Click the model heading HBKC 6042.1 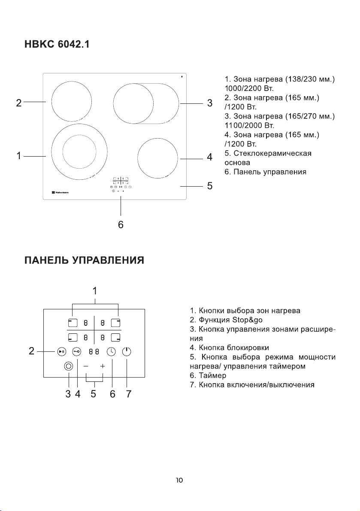tap(57, 45)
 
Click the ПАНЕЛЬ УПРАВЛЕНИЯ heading tap(84, 261)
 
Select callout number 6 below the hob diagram tap(121, 224)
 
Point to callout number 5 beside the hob tap(209, 186)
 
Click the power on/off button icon tap(127, 351)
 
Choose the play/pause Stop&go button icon tap(61, 351)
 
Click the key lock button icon tap(77, 351)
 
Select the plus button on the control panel tap(103, 366)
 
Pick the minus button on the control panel tap(86, 366)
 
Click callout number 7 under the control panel tap(128, 395)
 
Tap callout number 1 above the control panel tap(95, 291)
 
